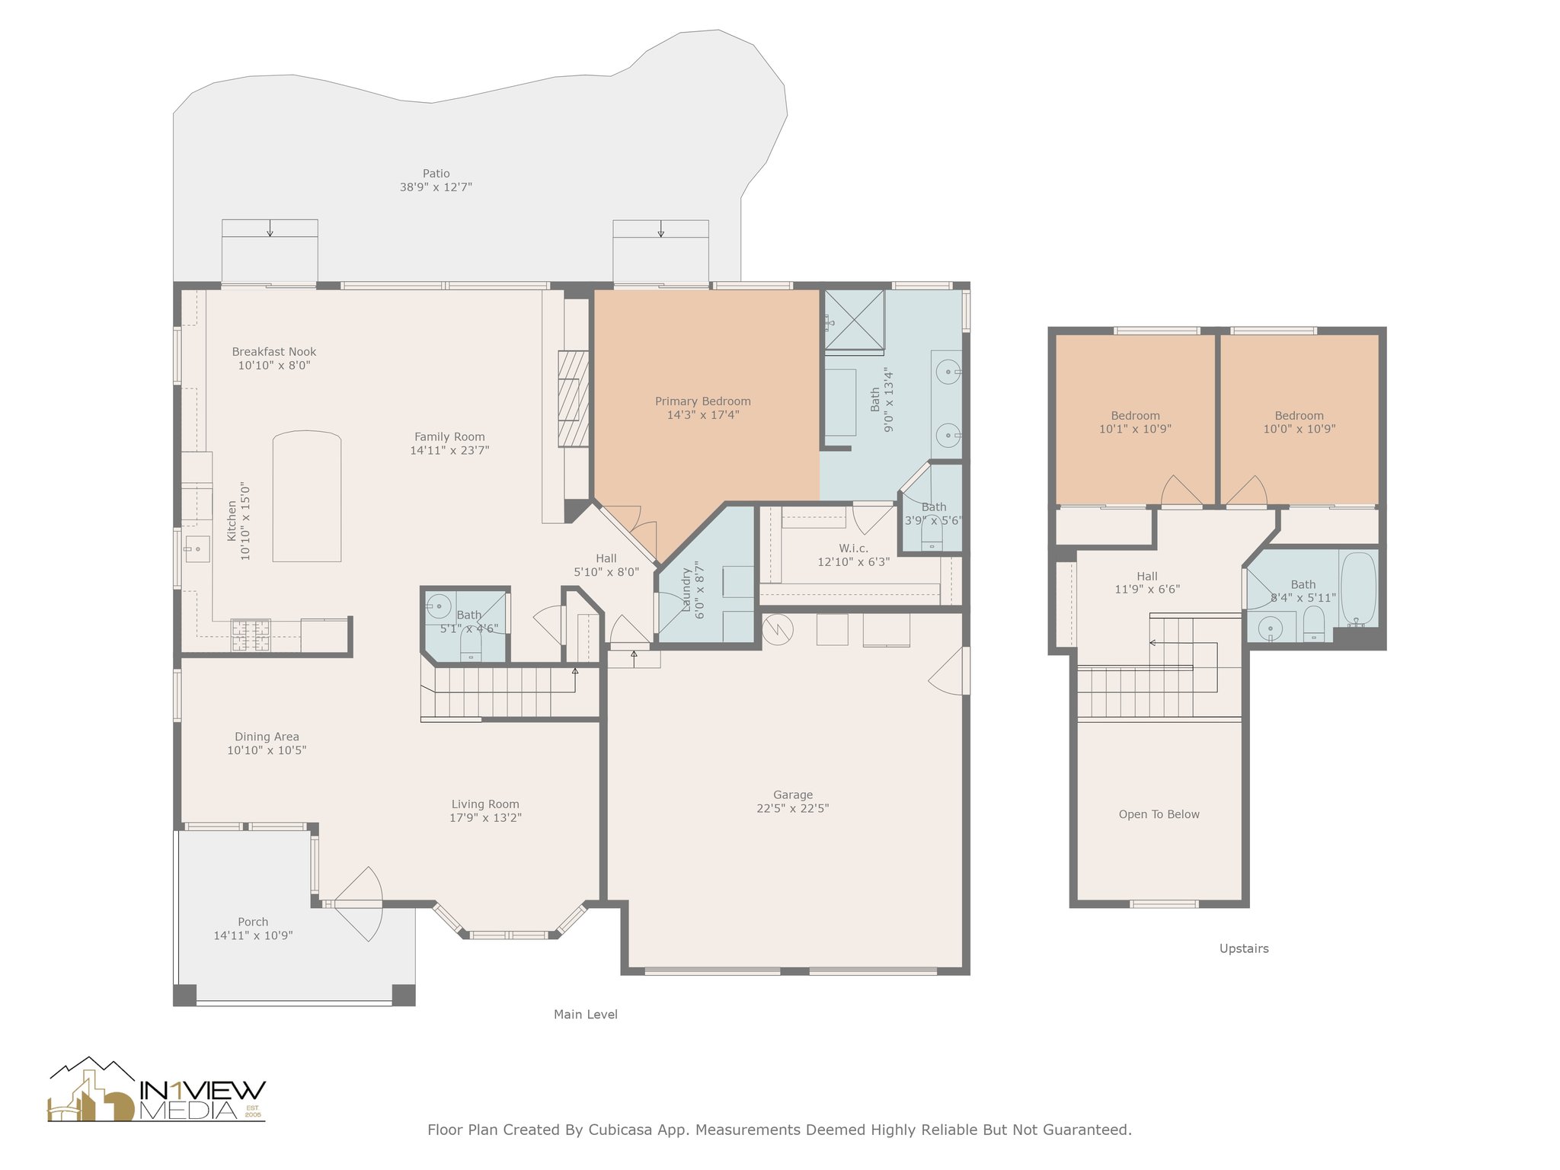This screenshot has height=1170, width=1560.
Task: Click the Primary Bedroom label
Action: tap(702, 401)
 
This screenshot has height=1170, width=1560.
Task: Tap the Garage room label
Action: tap(792, 795)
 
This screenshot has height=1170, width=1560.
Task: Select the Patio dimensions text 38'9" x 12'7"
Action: tap(436, 187)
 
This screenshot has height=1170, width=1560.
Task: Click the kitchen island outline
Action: tap(307, 496)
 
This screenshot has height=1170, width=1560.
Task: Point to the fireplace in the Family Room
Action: tap(574, 398)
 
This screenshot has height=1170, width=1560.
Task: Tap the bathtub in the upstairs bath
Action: tap(1358, 589)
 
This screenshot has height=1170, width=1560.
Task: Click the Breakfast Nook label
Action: tap(274, 352)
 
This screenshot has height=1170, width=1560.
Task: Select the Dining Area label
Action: tap(267, 737)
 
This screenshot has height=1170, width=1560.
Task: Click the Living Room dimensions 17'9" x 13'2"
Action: tap(485, 818)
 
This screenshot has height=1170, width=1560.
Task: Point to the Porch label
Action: tap(253, 922)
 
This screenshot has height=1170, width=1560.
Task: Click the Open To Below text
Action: tap(1159, 814)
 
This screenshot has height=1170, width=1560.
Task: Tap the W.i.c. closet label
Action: tap(853, 548)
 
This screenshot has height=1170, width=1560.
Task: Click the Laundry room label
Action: tap(686, 590)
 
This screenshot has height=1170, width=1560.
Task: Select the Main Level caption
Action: tap(585, 1015)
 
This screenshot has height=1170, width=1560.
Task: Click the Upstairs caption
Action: tap(1244, 949)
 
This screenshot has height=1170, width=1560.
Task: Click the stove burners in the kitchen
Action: tap(251, 635)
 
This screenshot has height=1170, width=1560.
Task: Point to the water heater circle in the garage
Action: tap(778, 629)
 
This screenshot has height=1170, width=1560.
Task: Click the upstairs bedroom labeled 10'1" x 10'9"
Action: tap(1135, 422)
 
